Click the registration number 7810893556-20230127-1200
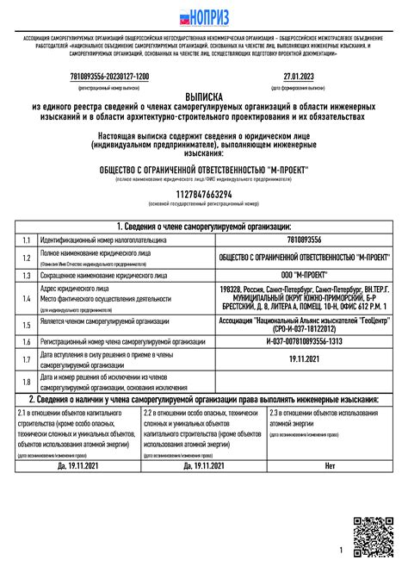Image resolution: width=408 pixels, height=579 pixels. [x=108, y=77]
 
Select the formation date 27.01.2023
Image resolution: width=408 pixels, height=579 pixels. [x=297, y=77]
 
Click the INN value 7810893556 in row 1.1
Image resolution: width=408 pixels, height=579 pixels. [x=304, y=239]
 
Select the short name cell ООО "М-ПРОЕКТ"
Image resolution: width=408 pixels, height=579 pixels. [x=304, y=273]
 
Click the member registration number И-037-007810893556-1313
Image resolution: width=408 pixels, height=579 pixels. [x=304, y=342]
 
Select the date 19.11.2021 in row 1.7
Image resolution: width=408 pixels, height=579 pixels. [x=304, y=358]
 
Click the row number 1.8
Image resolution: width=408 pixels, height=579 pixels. [x=27, y=381]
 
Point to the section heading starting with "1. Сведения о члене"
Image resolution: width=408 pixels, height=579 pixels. [x=204, y=225]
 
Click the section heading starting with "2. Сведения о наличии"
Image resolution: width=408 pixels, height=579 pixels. [x=204, y=400]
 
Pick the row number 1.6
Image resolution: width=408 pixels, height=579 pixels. [x=27, y=342]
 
